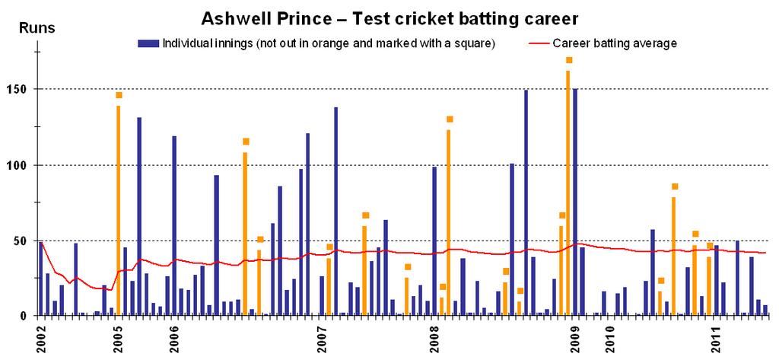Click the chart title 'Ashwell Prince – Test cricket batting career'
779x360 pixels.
click(389, 16)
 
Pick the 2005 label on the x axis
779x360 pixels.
click(118, 336)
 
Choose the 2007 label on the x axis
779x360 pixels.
click(323, 336)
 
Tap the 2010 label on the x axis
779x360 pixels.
click(609, 336)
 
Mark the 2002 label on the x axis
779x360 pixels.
click(40, 336)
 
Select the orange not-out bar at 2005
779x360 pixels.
click(118, 209)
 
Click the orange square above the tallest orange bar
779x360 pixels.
click(568, 60)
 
